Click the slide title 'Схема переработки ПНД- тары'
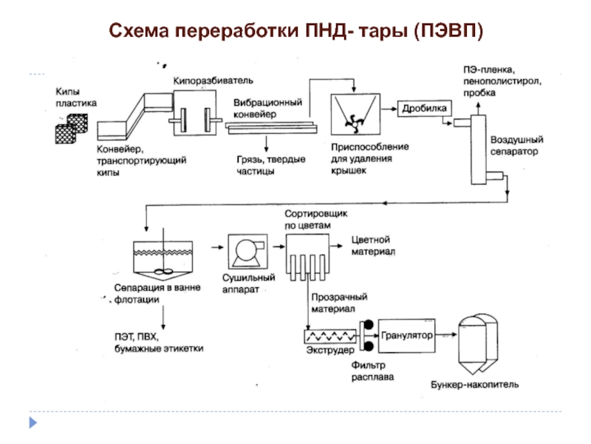[x=296, y=31]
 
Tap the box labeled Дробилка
[x=424, y=108]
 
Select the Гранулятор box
[x=406, y=335]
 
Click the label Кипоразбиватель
[x=213, y=79]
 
